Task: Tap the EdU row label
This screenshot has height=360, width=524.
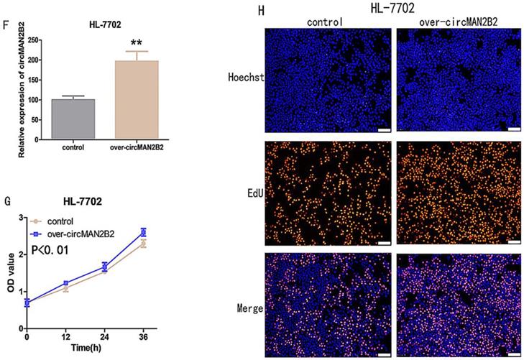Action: (x=252, y=191)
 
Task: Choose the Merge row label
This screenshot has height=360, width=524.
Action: (x=251, y=307)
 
